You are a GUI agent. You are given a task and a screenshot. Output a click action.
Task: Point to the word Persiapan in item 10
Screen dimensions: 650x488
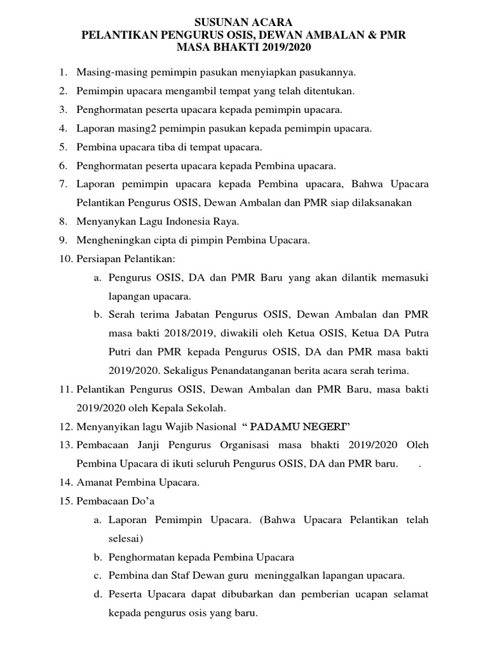click(97, 259)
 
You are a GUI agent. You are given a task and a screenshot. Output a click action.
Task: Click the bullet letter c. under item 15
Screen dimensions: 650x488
click(97, 576)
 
